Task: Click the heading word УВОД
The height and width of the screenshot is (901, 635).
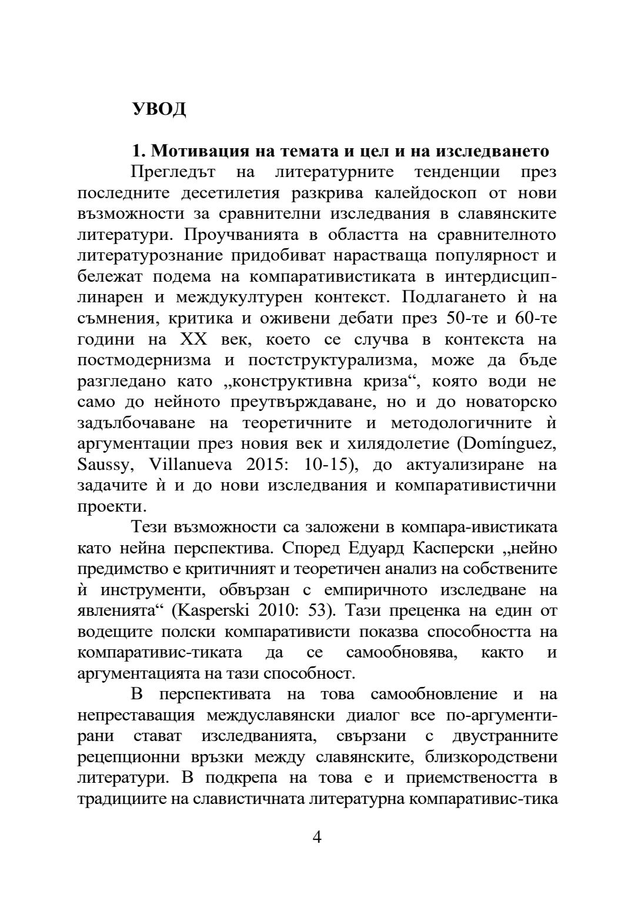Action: coord(159,109)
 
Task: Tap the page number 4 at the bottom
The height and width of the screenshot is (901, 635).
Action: coord(317,837)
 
